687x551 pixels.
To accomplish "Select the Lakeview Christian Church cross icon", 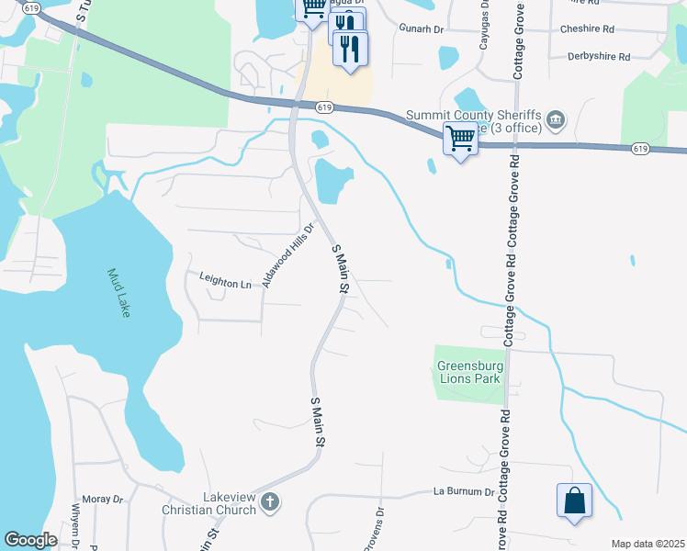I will (269, 501).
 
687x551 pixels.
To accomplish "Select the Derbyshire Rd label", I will (600, 56).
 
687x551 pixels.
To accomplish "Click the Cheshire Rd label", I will (589, 29).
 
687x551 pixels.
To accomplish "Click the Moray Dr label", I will (103, 499).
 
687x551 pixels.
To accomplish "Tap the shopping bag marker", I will (574, 502).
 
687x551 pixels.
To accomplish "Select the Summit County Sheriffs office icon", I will (555, 119).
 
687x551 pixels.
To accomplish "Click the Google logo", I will (30, 540).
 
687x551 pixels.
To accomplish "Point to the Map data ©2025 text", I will (648, 544).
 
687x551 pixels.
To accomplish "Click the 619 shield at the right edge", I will (641, 148).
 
